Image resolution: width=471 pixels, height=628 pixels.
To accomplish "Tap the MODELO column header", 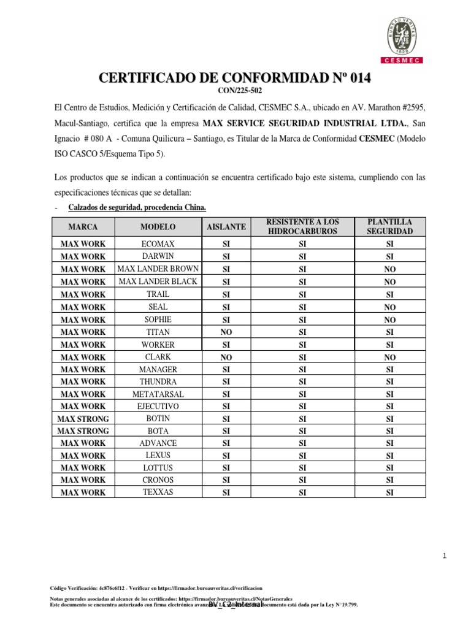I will [158, 226].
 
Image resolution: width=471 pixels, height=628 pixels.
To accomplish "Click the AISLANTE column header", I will [226, 226].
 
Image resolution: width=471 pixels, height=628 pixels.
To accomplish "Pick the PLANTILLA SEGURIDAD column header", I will [389, 226].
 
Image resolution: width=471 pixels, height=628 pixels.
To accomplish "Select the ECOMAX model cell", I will [158, 243].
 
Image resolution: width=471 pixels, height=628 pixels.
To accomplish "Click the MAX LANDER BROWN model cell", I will [158, 269].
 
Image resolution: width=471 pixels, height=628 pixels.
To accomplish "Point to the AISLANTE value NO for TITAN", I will [226, 332].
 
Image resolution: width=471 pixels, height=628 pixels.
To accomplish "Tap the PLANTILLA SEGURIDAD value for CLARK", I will [389, 357].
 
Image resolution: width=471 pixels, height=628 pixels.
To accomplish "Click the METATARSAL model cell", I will [158, 394].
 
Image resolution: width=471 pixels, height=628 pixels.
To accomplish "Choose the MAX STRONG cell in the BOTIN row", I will [83, 419].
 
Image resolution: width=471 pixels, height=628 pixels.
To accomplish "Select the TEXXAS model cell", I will [158, 492].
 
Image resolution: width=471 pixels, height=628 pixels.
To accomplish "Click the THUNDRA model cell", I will [158, 381].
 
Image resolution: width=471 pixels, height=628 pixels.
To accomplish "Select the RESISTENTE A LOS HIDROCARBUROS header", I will [302, 226].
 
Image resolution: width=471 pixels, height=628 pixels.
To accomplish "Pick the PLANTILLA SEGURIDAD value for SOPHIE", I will [389, 320].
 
